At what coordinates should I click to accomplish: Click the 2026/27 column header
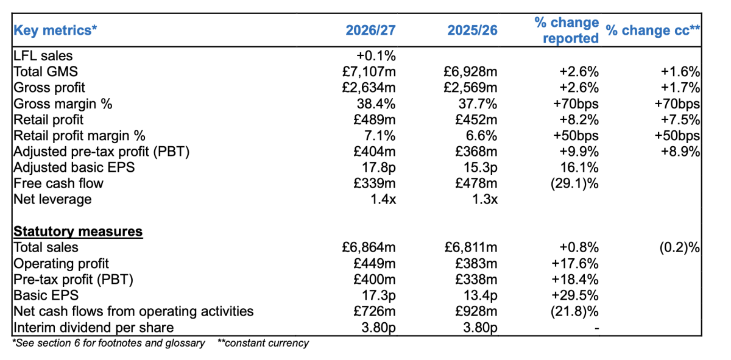coord(371,30)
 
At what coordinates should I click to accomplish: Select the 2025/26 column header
coord(472,30)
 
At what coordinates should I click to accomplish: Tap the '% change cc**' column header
coord(652,30)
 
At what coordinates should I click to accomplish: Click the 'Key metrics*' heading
coord(55,30)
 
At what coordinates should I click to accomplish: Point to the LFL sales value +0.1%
coord(376,56)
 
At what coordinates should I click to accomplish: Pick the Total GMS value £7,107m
coord(369,72)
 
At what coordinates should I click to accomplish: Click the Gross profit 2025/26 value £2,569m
coord(470,88)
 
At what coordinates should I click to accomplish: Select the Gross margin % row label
coord(63,104)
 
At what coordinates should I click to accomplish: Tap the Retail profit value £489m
coord(374,120)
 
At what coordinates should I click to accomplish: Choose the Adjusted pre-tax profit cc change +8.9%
coord(680,152)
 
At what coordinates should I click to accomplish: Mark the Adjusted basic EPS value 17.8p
coord(378,168)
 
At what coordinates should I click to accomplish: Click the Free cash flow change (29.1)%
coord(574,183)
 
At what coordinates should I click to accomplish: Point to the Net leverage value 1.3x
coord(485,199)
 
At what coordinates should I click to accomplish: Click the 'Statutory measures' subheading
coord(78,231)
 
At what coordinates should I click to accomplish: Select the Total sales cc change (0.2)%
coord(680,247)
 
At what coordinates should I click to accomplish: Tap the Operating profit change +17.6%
coord(575,263)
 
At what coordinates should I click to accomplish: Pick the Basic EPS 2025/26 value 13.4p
coord(481,295)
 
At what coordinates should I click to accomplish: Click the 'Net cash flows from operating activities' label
coord(133,311)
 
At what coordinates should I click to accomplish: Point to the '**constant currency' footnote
coord(263,343)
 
